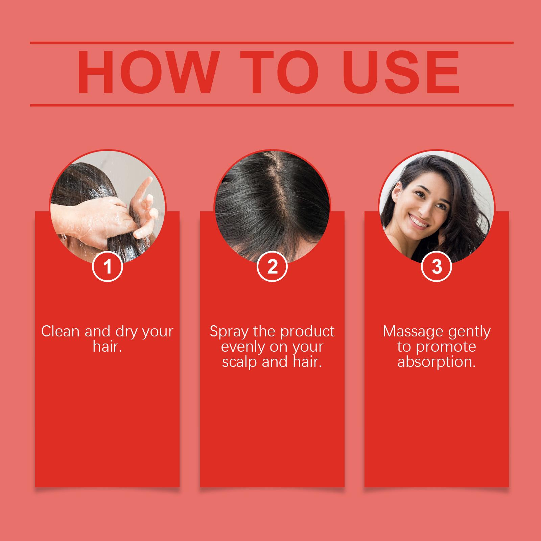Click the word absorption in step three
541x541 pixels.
(437, 362)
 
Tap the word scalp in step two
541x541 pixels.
(240, 362)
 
